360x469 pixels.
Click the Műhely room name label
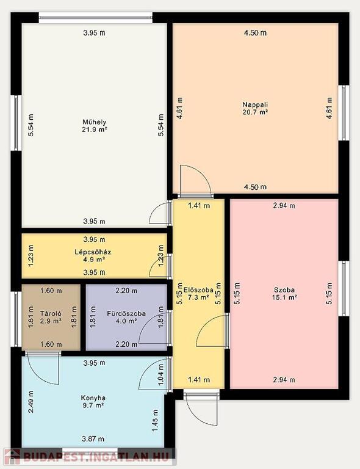(x=95, y=122)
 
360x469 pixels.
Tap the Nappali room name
(x=255, y=104)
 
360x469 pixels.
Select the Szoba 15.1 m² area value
(x=284, y=297)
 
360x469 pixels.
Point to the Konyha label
(x=93, y=398)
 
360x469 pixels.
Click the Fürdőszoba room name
(x=126, y=313)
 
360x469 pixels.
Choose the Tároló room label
(x=51, y=313)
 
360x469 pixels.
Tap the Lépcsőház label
(x=93, y=252)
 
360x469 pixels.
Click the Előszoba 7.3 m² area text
(x=198, y=297)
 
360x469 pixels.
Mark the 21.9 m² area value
(x=95, y=129)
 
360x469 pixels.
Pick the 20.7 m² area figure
(x=255, y=112)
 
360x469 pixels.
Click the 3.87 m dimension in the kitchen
(x=93, y=439)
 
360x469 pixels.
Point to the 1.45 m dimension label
(x=155, y=421)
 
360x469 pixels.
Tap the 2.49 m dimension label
(x=31, y=402)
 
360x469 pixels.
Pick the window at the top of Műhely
(x=96, y=18)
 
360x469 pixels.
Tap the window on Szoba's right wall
(x=345, y=289)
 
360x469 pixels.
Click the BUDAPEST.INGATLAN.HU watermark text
(x=96, y=456)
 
